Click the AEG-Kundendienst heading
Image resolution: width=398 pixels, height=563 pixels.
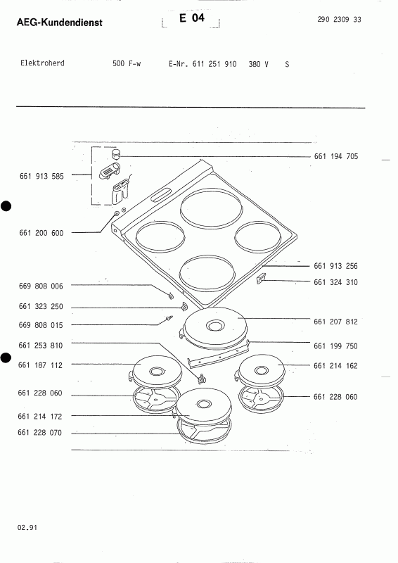point(60,23)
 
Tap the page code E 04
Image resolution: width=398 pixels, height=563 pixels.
point(192,18)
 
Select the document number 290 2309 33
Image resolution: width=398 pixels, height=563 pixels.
point(339,20)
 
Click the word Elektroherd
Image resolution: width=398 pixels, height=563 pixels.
point(42,63)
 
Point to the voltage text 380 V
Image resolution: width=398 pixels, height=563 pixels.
point(258,64)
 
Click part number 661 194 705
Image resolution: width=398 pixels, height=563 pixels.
point(336,156)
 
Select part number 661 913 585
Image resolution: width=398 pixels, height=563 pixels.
point(41,177)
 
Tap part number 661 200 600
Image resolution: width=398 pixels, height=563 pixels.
point(41,233)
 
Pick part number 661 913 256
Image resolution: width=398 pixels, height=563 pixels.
point(335,266)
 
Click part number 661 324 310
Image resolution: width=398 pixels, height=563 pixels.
point(335,282)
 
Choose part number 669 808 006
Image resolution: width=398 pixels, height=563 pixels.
point(41,286)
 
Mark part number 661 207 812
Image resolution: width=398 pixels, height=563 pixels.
point(335,322)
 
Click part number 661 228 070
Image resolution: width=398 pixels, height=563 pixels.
point(40,433)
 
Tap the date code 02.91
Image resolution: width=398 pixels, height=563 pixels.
point(27,527)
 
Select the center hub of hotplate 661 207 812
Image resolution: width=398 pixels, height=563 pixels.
point(215,327)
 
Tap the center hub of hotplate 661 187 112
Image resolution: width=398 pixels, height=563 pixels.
point(156,372)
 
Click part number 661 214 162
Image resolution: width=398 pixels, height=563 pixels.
point(335,366)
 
